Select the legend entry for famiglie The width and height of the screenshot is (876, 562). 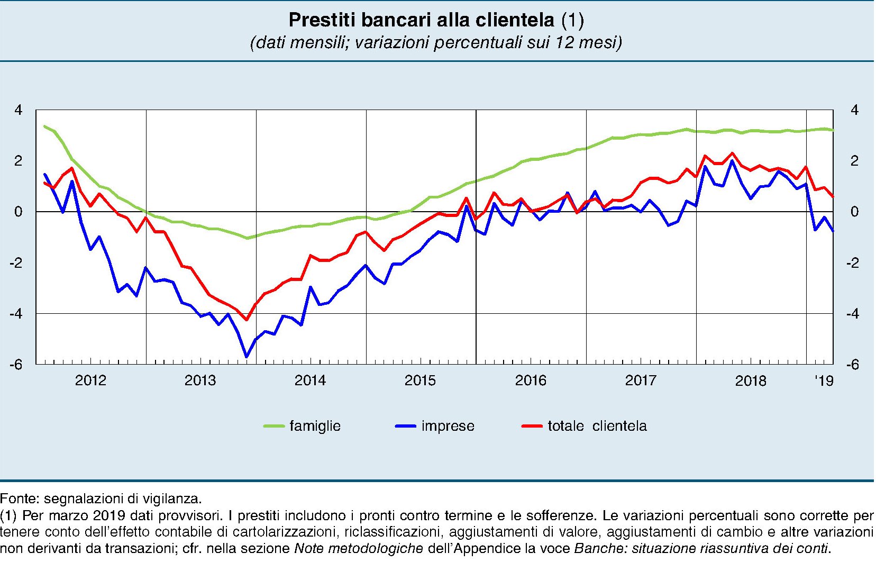[314, 426]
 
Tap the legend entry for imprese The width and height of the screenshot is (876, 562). [448, 426]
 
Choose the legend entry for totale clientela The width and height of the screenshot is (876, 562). [597, 426]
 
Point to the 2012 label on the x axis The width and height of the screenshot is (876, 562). [90, 380]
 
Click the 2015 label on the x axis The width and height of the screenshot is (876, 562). [420, 380]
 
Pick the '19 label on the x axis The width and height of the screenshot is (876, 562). [824, 380]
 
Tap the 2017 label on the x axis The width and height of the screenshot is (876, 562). [641, 380]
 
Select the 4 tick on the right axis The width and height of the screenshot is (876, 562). [854, 110]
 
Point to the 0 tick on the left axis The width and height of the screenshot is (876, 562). [19, 212]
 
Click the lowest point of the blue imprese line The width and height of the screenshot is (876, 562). [247, 357]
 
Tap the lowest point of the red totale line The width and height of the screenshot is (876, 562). [247, 320]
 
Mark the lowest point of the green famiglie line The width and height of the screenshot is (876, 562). [247, 238]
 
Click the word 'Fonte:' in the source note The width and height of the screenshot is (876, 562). [20, 498]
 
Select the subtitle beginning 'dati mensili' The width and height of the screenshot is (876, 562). [436, 42]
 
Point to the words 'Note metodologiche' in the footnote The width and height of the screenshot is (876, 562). [358, 549]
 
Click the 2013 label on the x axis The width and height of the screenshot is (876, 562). [200, 380]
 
